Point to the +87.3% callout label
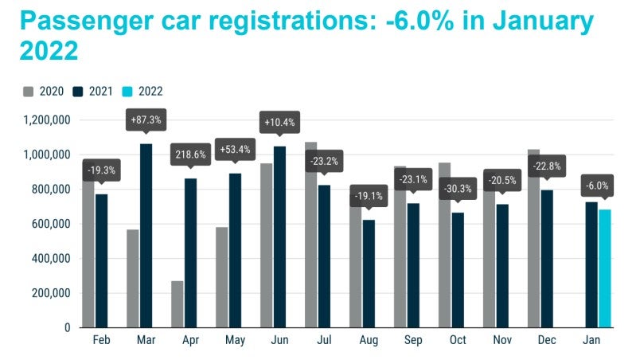(146, 119)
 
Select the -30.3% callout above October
(457, 190)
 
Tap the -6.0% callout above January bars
(598, 186)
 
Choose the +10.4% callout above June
(279, 123)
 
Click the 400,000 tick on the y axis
(49, 259)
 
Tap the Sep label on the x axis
(412, 340)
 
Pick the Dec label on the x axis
(546, 340)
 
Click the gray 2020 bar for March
(132, 278)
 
